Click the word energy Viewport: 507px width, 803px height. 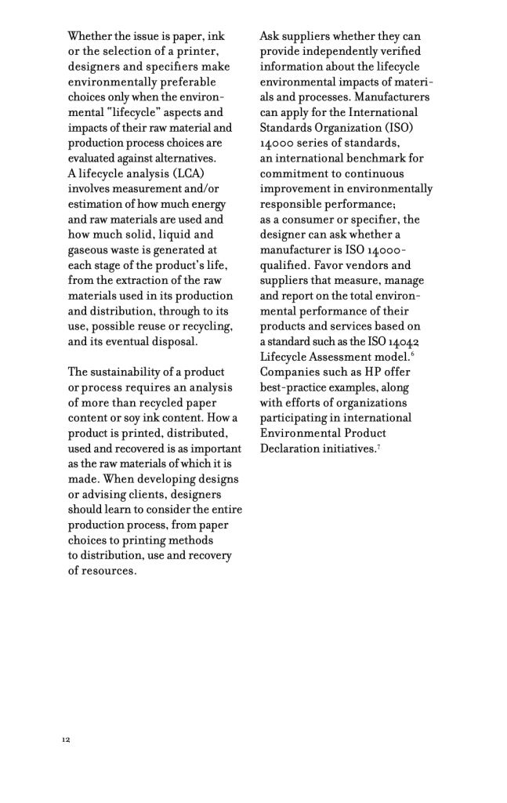coord(206,204)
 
